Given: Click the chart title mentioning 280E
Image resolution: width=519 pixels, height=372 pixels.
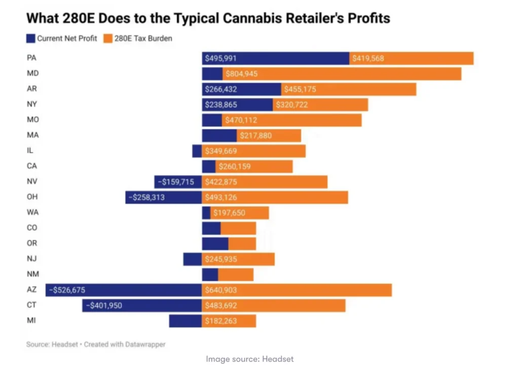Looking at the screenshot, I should (208, 19).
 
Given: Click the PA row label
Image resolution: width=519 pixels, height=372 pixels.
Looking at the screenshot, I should (31, 58).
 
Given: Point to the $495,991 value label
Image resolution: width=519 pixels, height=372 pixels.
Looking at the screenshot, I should (220, 58).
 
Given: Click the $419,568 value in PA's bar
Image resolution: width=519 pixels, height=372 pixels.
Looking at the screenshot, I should (368, 58).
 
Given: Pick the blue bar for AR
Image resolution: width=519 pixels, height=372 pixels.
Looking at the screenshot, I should (241, 89).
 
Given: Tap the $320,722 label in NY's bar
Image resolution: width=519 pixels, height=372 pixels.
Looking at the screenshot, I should (291, 105).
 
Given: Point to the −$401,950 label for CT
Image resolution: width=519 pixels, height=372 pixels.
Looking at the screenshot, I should (104, 306).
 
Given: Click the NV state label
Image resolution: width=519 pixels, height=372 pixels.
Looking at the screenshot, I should (32, 182).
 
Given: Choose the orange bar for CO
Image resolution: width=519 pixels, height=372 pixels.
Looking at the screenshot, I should (238, 228).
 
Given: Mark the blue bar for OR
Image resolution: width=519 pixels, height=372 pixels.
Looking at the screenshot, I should (215, 244).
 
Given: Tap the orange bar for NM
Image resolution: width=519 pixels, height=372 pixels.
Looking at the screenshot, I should (236, 275).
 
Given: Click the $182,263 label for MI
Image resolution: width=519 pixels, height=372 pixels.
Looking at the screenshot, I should (220, 321).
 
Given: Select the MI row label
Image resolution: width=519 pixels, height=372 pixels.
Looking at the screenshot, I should (31, 321).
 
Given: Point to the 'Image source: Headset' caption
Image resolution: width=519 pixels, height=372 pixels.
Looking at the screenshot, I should (249, 359).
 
